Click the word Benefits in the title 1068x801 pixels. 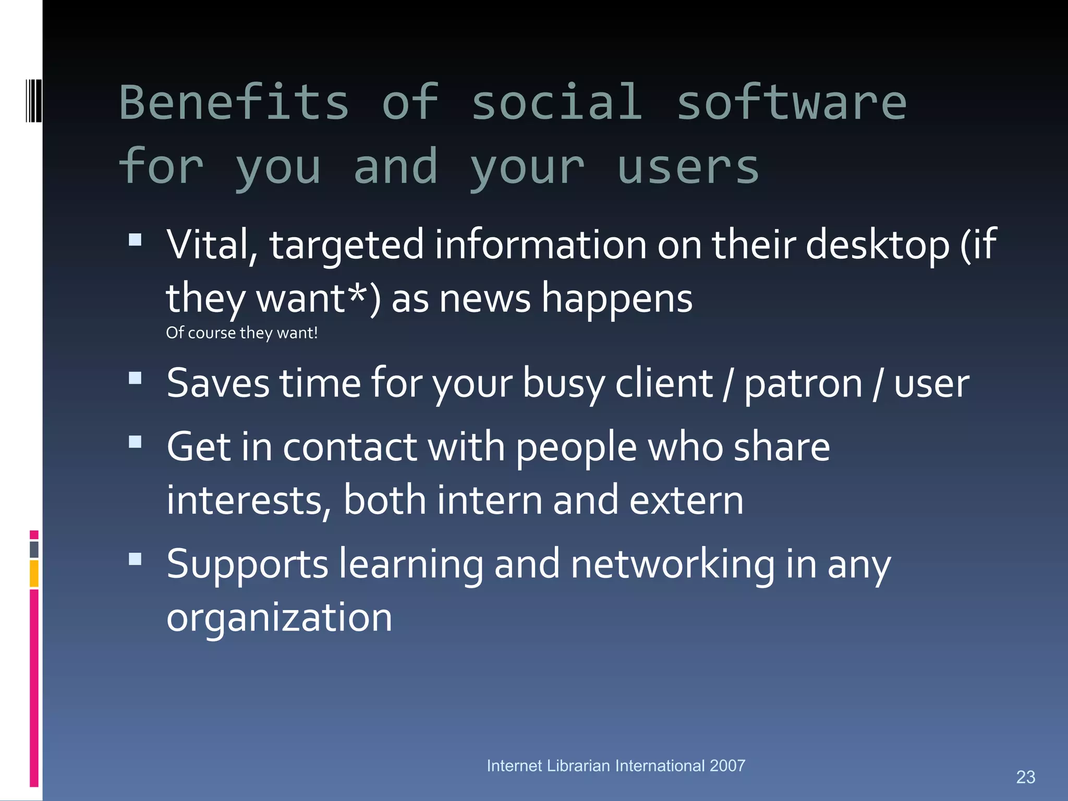(234, 103)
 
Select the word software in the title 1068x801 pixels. (791, 103)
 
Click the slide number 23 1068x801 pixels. (1025, 777)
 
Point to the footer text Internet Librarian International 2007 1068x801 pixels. (615, 766)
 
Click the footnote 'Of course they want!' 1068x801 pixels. (241, 333)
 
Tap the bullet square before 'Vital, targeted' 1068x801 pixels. (135, 240)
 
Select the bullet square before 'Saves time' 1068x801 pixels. (135, 378)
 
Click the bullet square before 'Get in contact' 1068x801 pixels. (135, 442)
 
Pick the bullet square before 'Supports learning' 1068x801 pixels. (135, 559)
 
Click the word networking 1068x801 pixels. (673, 564)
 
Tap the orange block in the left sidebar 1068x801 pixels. (34, 573)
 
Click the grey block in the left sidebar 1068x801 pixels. (34, 549)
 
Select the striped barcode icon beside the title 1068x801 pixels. (34, 101)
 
